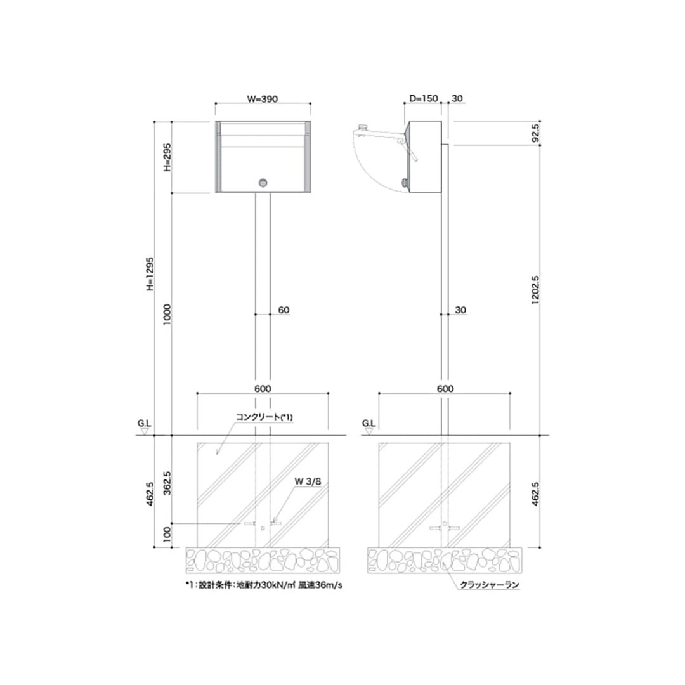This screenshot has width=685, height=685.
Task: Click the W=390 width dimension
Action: coord(263,98)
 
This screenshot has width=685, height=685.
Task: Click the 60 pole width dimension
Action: coord(284,311)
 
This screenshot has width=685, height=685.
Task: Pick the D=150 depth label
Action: coord(422,98)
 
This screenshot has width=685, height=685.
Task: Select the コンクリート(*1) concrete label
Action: coord(263,417)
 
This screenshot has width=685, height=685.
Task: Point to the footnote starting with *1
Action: coord(263,585)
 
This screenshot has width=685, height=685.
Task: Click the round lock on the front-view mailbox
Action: coord(263,183)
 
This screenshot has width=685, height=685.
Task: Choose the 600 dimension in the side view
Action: coord(445,388)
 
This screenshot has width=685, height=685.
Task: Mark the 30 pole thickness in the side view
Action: coord(460,311)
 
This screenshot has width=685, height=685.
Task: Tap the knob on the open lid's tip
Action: coord(362,127)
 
